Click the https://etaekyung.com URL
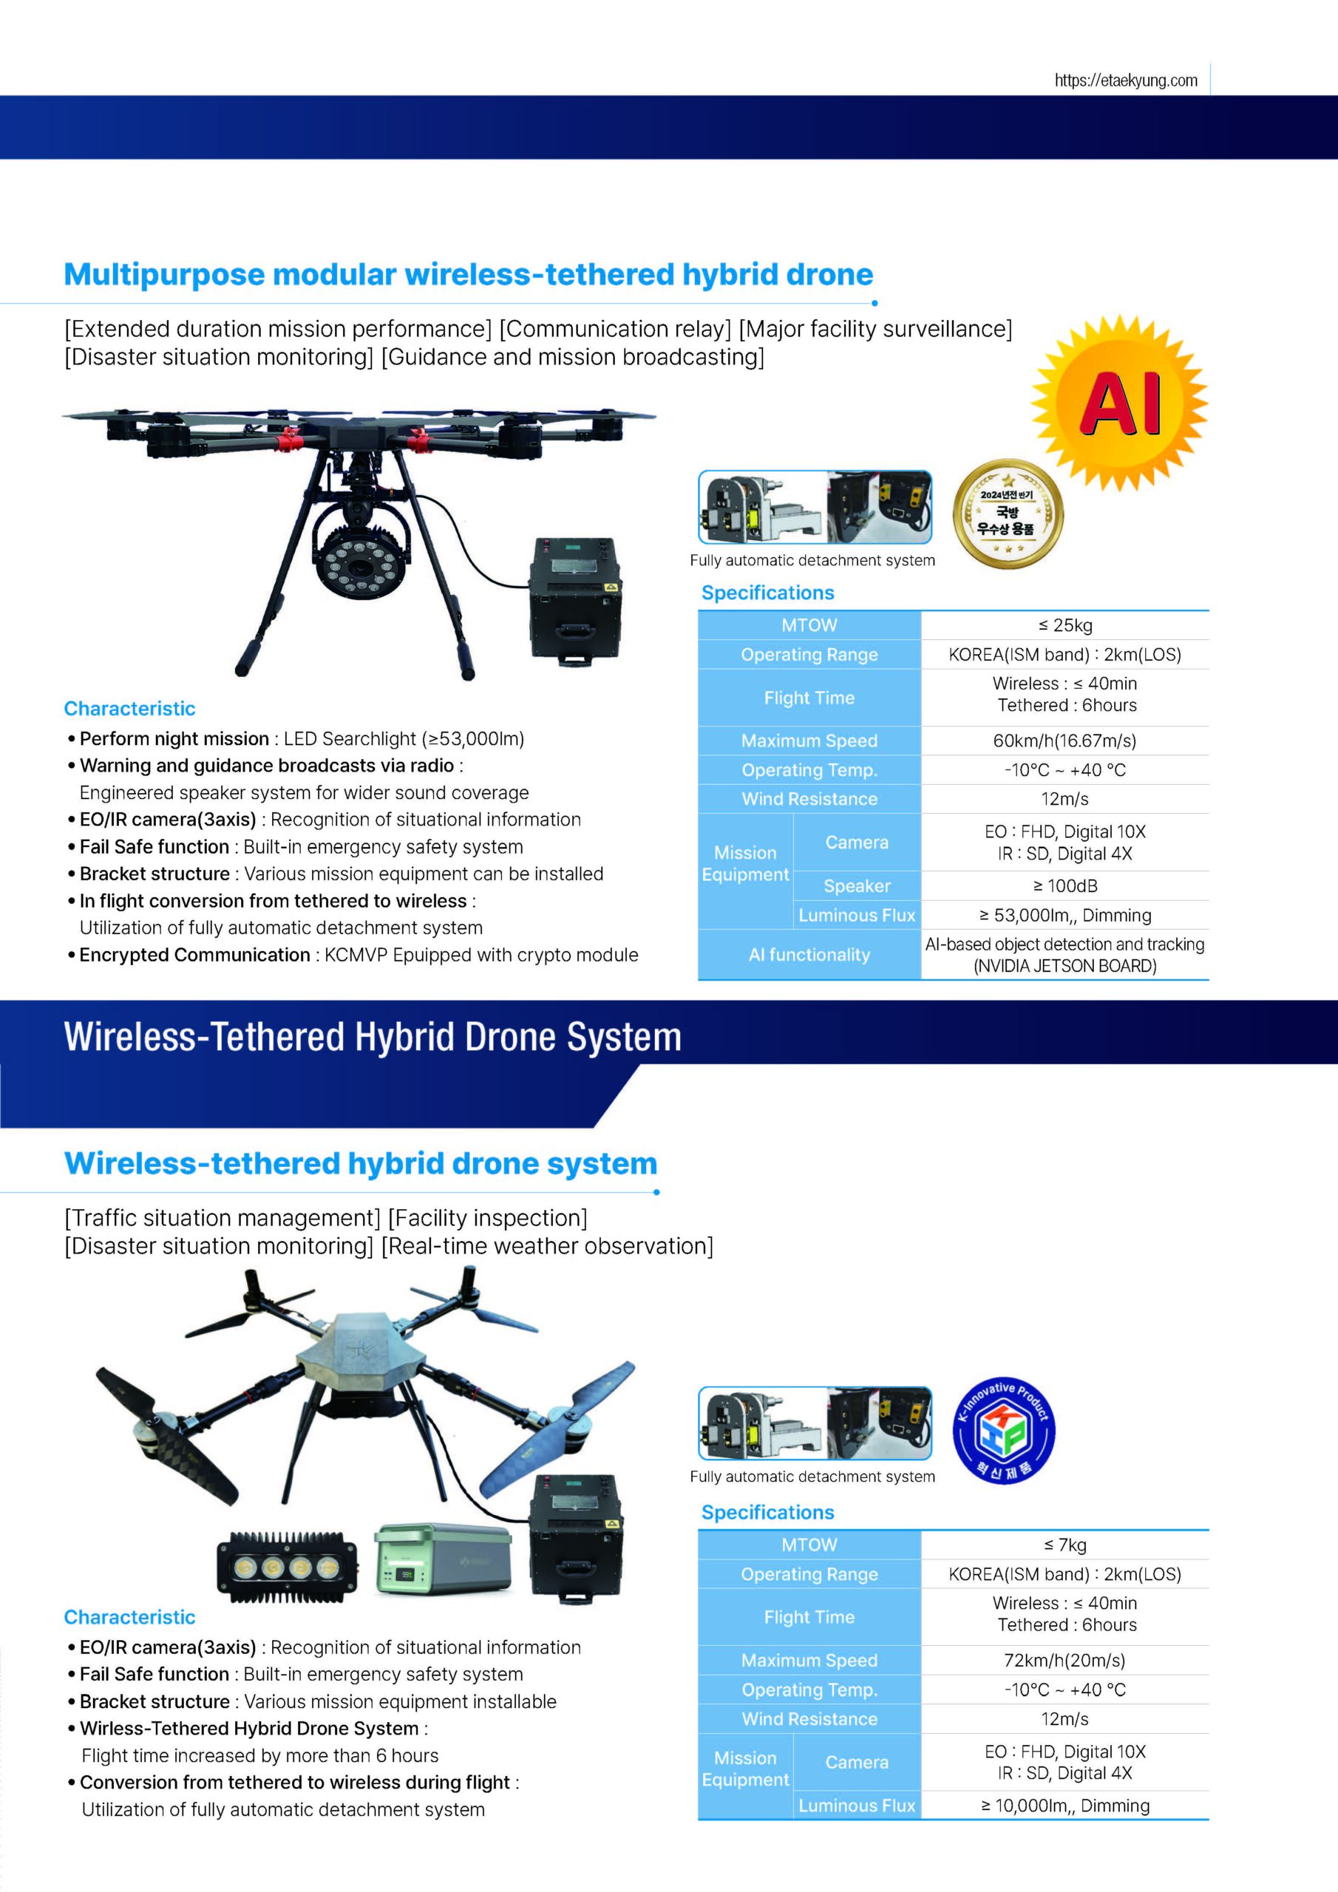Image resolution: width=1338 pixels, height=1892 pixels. (1125, 80)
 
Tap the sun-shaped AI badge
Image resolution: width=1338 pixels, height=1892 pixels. (1119, 403)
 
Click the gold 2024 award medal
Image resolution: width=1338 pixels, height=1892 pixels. (1008, 514)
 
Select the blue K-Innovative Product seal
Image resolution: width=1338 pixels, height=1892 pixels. (1003, 1432)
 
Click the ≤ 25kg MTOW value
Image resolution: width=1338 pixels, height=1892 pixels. (1064, 625)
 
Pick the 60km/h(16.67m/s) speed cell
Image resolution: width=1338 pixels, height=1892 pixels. (1064, 741)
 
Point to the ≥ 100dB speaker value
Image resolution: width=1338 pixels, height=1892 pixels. (1064, 886)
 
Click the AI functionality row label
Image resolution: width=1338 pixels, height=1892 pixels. (809, 955)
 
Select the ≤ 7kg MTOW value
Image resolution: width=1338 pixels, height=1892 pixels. (1064, 1545)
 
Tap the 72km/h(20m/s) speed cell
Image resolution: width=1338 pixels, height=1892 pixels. (1064, 1661)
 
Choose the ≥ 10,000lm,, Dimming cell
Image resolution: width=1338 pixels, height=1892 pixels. (1064, 1806)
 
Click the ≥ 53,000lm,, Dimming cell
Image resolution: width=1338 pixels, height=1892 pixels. (1064, 916)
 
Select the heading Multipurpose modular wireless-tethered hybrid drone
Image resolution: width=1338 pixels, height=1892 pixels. (468, 274)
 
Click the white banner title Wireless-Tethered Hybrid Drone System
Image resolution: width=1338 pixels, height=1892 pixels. (373, 1037)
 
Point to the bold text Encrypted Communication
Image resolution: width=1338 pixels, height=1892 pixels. (194, 955)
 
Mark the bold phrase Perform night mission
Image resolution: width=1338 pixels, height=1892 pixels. (174, 738)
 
